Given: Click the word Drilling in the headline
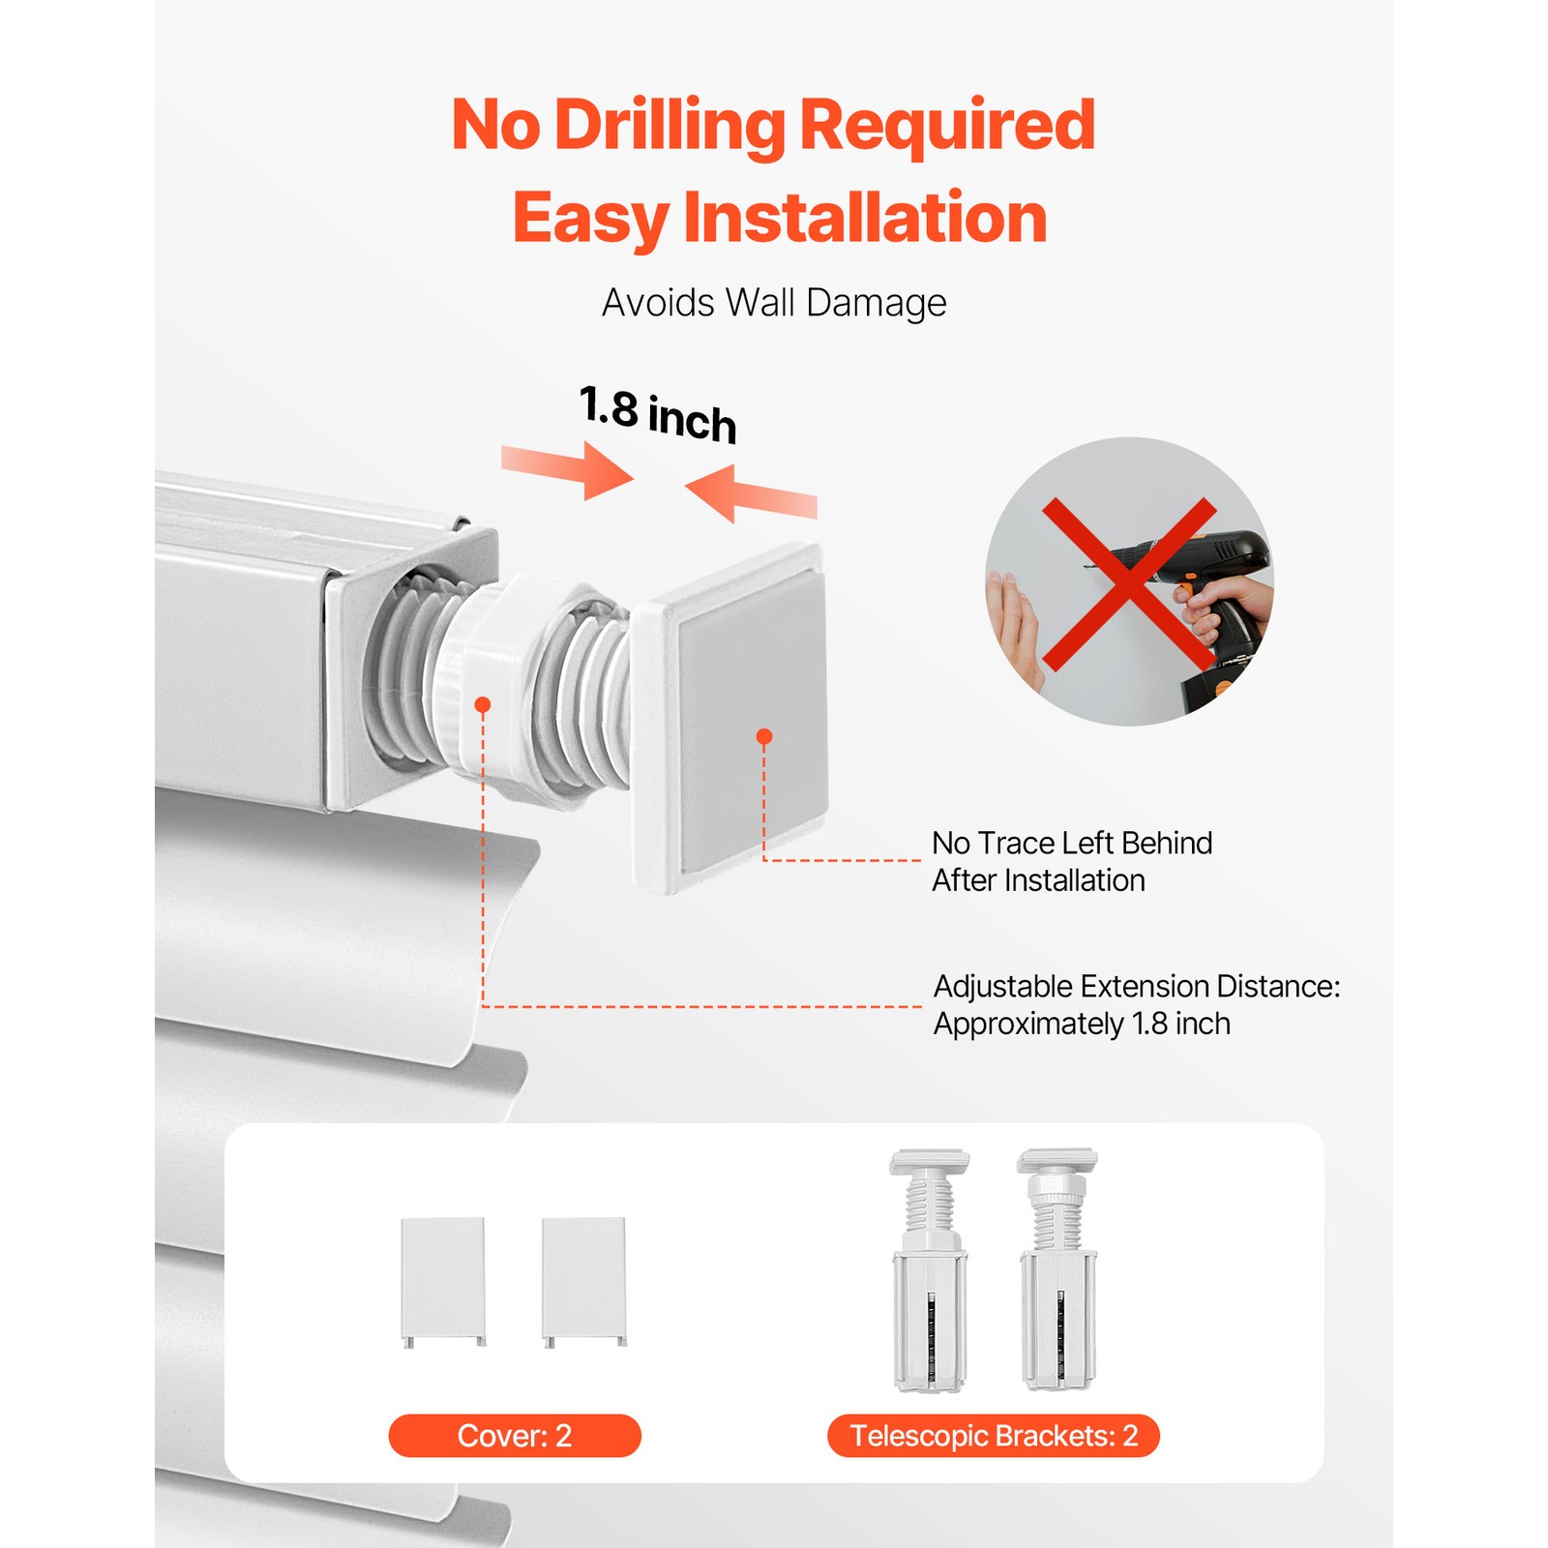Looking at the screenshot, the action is pyautogui.click(x=670, y=126).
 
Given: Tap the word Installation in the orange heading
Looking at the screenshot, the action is pyautogui.click(x=865, y=218).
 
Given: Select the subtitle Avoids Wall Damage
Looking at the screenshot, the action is pyautogui.click(x=774, y=303).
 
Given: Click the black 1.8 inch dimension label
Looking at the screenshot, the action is pyautogui.click(x=658, y=414).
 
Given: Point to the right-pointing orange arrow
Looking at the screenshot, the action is pyautogui.click(x=567, y=469).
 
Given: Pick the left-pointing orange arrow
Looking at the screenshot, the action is pyautogui.click(x=751, y=493).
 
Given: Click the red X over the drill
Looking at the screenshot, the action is pyautogui.click(x=1129, y=584).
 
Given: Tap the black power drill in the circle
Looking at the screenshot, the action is pyautogui.click(x=1200, y=610).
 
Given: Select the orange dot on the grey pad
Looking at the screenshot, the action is pyautogui.click(x=764, y=737).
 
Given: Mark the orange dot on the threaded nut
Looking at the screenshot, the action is pyautogui.click(x=483, y=704).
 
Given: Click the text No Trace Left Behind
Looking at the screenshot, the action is pyautogui.click(x=1072, y=843).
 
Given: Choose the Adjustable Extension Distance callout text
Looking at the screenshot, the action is pyautogui.click(x=1137, y=1005).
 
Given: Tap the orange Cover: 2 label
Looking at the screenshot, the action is pyautogui.click(x=515, y=1436).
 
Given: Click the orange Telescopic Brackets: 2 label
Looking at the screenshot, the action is pyautogui.click(x=994, y=1436).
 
